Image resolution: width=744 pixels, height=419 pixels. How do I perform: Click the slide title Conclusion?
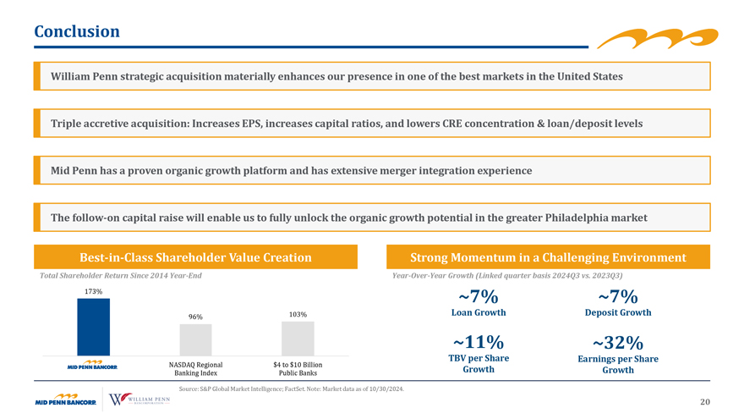tap(77, 31)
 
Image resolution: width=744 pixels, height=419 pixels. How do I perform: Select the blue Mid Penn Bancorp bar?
tap(94, 327)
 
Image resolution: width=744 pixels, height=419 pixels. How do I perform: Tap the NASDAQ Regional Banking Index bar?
tap(195, 339)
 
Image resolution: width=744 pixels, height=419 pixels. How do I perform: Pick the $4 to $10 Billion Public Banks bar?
tap(298, 339)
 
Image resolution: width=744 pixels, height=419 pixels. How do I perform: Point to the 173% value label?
tap(94, 291)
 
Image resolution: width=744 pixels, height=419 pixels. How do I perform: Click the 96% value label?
tap(195, 317)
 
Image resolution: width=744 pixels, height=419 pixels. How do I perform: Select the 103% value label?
tap(298, 315)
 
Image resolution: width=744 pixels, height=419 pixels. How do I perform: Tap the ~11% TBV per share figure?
tap(479, 342)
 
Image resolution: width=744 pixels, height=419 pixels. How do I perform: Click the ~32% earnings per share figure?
tap(618, 343)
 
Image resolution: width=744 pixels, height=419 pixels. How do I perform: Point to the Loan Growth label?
tap(479, 312)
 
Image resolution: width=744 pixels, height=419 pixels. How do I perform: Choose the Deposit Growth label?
tap(618, 312)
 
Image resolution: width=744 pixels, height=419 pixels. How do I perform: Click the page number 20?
tap(705, 402)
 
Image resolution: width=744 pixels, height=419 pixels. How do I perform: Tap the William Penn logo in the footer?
tap(139, 399)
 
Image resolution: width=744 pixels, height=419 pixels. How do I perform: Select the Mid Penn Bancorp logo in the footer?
tap(65, 400)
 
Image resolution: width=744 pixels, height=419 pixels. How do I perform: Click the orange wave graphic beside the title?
tap(658, 38)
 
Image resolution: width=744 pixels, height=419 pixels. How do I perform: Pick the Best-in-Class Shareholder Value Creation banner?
tap(195, 257)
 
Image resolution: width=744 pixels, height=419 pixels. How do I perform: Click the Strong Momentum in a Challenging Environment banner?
tap(548, 257)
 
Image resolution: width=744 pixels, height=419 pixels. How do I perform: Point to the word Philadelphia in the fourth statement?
tap(572, 218)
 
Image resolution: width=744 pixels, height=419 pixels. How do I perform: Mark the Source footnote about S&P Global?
tap(292, 389)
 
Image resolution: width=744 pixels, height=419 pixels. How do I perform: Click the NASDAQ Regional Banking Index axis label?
tap(195, 369)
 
